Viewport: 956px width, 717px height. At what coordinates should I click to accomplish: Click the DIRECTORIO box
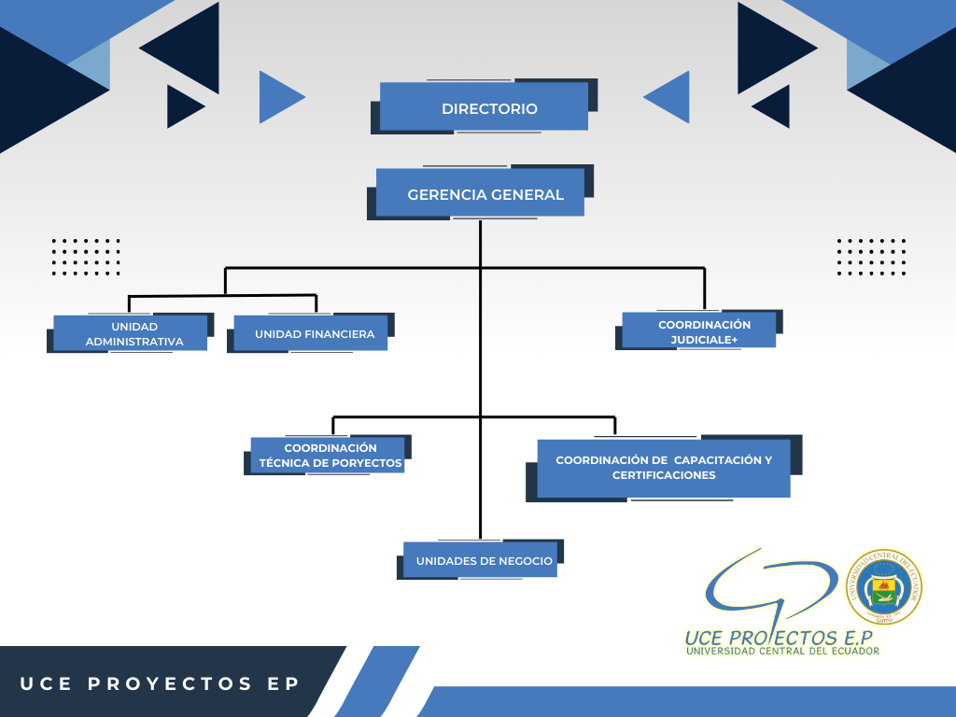coord(484,107)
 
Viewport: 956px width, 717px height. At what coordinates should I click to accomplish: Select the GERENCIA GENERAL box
coord(480,193)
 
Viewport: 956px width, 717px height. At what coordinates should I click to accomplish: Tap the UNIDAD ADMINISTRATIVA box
coord(130,333)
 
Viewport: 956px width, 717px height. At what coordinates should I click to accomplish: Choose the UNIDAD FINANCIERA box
coord(310,333)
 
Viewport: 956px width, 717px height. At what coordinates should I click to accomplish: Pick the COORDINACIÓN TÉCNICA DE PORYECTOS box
coord(328,455)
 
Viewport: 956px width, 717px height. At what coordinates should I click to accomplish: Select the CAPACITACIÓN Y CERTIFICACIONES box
coord(664,468)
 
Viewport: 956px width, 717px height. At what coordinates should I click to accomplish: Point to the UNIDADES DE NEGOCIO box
coord(480,560)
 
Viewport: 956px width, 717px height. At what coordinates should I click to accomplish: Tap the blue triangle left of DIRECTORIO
coord(280,97)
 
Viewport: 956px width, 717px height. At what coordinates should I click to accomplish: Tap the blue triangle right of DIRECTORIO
coord(668,97)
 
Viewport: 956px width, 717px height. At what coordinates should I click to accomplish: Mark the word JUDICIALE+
coord(704,340)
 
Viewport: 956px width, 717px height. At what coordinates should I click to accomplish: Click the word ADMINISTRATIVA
coord(134,342)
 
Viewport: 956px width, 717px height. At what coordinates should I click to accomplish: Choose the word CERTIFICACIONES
coord(664,475)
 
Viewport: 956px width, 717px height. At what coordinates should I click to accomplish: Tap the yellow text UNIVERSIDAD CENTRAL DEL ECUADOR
coord(782,651)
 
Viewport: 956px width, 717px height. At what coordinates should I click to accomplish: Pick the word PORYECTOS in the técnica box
coord(367,463)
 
